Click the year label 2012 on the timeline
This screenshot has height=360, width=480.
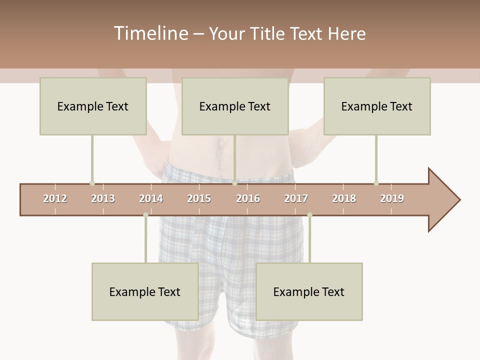point(55,198)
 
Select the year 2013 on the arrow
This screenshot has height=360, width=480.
point(103,198)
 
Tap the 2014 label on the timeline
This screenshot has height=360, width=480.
point(151,198)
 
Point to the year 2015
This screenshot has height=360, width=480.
point(199,198)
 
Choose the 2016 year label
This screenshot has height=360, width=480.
point(248,198)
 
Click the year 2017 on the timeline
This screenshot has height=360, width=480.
point(296,198)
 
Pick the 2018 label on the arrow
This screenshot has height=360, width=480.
point(344,198)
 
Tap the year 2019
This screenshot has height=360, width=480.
point(392,198)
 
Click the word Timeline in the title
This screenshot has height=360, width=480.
point(149,33)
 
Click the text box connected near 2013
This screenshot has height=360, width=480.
point(93,106)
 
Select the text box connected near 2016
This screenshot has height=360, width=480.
point(235,106)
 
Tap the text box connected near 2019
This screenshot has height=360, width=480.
point(377,106)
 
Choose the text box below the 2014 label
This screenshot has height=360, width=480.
point(145,291)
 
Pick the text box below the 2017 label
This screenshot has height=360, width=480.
point(309,291)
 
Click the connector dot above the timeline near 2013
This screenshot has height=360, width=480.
point(92,183)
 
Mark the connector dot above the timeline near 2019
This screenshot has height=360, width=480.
point(376,183)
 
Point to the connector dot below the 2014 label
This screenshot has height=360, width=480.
point(145,215)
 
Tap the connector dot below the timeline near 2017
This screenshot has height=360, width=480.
point(309,215)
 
